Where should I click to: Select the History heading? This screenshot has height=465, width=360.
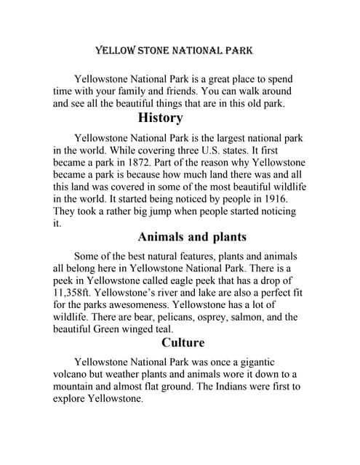pyautogui.click(x=160, y=118)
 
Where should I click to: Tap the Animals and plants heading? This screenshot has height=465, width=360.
pyautogui.click(x=192, y=237)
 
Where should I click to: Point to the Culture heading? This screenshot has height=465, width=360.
pyautogui.click(x=183, y=343)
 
